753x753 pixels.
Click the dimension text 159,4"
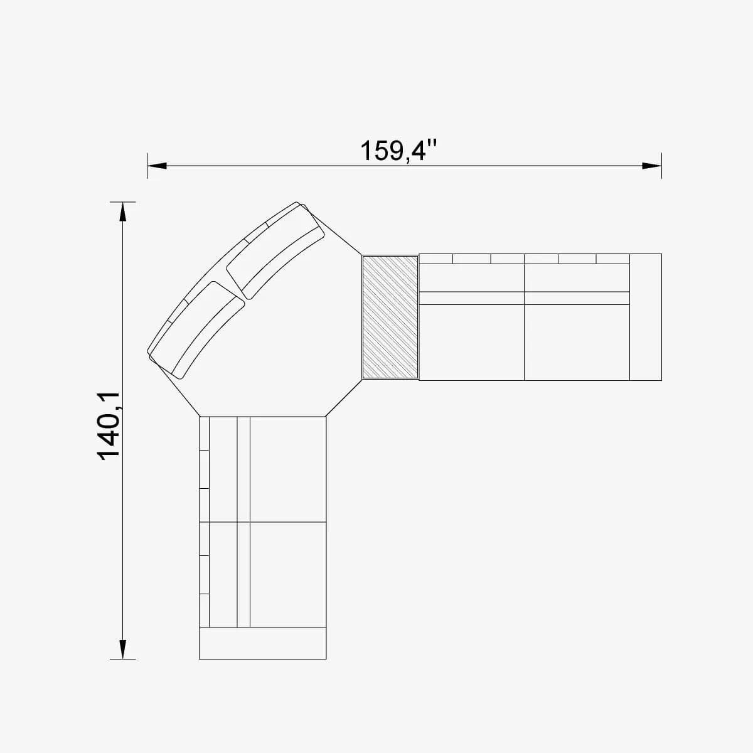pyautogui.click(x=398, y=151)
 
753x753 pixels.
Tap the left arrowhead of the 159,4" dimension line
pyautogui.click(x=157, y=166)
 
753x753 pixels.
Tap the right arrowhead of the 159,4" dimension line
pyautogui.click(x=652, y=166)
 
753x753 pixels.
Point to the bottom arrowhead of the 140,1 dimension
pyautogui.click(x=123, y=649)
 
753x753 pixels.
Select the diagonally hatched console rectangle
pyautogui.click(x=390, y=317)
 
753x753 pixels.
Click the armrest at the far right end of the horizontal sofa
pyautogui.click(x=645, y=317)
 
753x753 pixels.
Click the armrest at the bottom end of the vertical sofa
pyautogui.click(x=262, y=643)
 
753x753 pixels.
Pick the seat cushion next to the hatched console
pyautogui.click(x=471, y=342)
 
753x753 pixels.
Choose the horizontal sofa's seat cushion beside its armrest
pyautogui.click(x=576, y=342)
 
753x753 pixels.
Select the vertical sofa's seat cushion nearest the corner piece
pyautogui.click(x=288, y=469)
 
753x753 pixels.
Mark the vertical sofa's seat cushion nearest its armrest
pyautogui.click(x=288, y=574)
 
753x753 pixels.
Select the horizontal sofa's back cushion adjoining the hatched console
pyautogui.click(x=471, y=278)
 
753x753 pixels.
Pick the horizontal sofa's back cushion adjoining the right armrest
pyautogui.click(x=576, y=278)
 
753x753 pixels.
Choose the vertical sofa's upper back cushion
pyautogui.click(x=223, y=469)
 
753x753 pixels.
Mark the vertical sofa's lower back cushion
pyautogui.click(x=223, y=574)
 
